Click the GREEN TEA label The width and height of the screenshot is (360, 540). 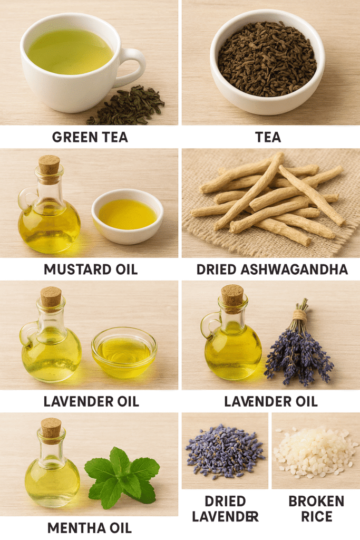click(90, 137)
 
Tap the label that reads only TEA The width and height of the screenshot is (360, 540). click(268, 137)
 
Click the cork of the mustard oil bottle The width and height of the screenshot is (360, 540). click(49, 165)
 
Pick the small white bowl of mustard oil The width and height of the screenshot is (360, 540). click(128, 216)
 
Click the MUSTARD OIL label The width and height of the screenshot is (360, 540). click(91, 269)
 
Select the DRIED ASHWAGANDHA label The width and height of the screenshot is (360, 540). click(272, 269)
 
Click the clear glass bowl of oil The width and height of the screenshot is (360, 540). click(124, 352)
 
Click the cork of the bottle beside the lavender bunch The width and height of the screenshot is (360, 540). click(232, 294)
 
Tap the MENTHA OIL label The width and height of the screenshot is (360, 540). click(90, 528)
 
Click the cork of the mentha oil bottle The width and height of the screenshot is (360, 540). click(51, 428)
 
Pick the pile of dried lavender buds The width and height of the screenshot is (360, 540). click(225, 451)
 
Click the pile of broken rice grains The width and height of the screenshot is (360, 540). click(315, 451)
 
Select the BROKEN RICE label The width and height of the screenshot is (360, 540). click(316, 509)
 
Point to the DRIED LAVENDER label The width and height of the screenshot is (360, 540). click(225, 509)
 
